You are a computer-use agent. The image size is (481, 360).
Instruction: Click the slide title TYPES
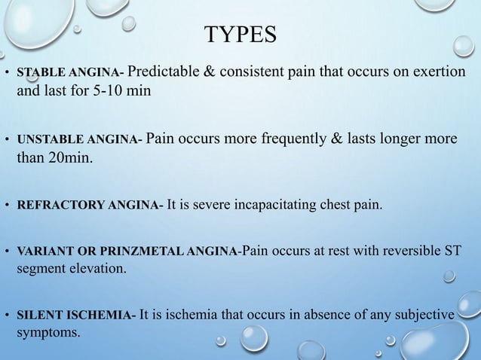[240, 34]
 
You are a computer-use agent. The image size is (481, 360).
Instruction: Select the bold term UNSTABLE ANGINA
[72, 139]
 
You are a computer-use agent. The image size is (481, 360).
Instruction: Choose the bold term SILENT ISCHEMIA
[74, 316]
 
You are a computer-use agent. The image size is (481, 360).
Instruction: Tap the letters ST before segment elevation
[451, 250]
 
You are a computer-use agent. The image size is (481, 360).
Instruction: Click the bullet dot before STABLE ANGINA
[7, 75]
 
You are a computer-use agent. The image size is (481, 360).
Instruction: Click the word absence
[304, 316]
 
